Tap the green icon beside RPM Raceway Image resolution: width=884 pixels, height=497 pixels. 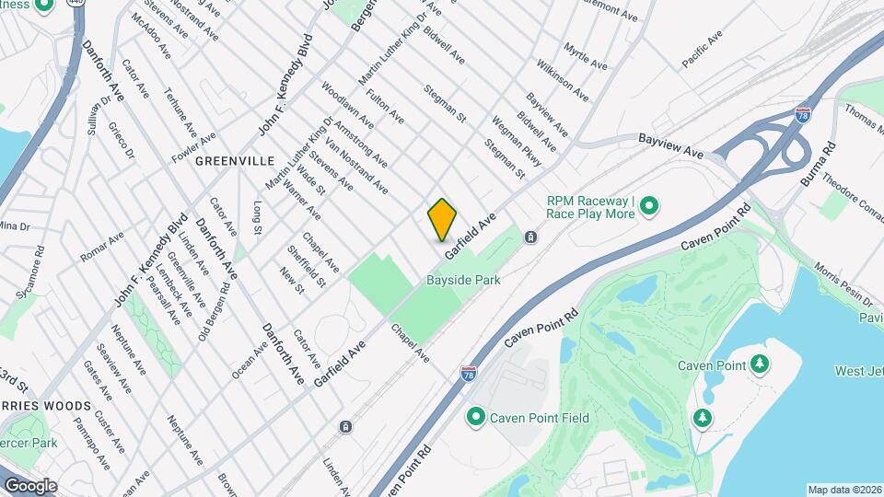(x=649, y=206)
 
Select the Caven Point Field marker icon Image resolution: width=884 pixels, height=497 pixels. (x=476, y=418)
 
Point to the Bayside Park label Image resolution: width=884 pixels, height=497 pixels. (x=463, y=280)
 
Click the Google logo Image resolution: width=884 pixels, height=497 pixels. (x=30, y=485)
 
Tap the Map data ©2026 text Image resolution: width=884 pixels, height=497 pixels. (x=843, y=490)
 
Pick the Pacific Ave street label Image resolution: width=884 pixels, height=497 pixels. (x=703, y=51)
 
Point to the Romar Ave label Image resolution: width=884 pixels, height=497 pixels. (x=102, y=247)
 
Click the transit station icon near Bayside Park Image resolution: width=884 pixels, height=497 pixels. (x=531, y=237)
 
